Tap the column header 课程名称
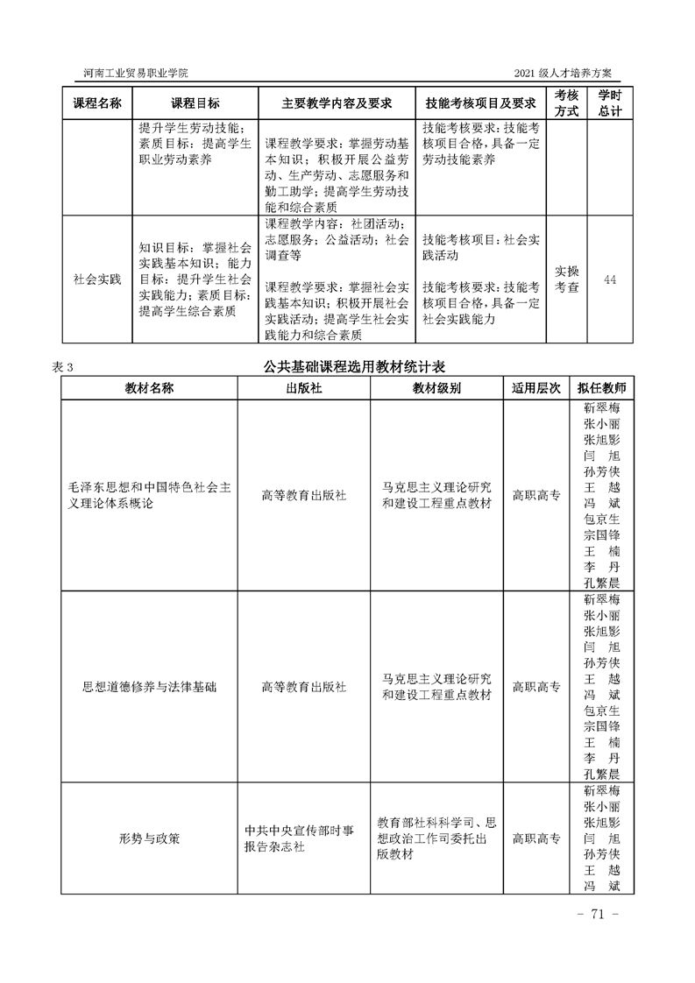96,103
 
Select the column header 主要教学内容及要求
337,103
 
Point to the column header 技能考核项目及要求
479,103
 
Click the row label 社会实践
96,279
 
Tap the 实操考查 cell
568,279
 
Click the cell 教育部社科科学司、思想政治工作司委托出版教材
436,838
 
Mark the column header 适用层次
536,387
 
